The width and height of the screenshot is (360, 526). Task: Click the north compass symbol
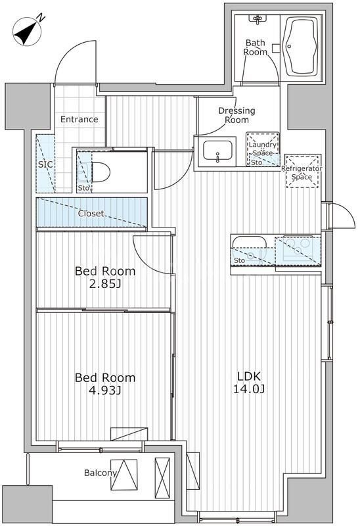tap(27, 31)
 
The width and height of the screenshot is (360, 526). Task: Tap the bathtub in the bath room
tap(300, 47)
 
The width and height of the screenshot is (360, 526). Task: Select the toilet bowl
tap(99, 172)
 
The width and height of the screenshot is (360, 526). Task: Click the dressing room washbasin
tap(218, 151)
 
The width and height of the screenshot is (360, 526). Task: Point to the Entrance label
tap(79, 119)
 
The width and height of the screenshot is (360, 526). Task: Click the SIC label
tap(45, 164)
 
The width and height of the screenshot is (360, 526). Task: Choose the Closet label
tap(91, 213)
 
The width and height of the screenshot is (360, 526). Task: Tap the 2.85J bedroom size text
tap(104, 285)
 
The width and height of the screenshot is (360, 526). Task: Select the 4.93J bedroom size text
tap(104, 391)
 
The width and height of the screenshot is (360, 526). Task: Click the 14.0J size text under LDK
tap(249, 389)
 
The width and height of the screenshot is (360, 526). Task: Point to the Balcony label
tap(101, 473)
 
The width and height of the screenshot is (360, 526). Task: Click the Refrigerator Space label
tap(302, 172)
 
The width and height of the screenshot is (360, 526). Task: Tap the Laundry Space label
tap(263, 149)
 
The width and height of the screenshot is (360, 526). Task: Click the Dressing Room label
tap(236, 115)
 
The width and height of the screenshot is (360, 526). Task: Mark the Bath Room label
tap(255, 47)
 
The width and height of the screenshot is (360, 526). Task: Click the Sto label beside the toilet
tap(83, 188)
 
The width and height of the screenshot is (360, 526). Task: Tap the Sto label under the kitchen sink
tap(239, 260)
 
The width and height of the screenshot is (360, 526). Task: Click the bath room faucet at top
tap(258, 19)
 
